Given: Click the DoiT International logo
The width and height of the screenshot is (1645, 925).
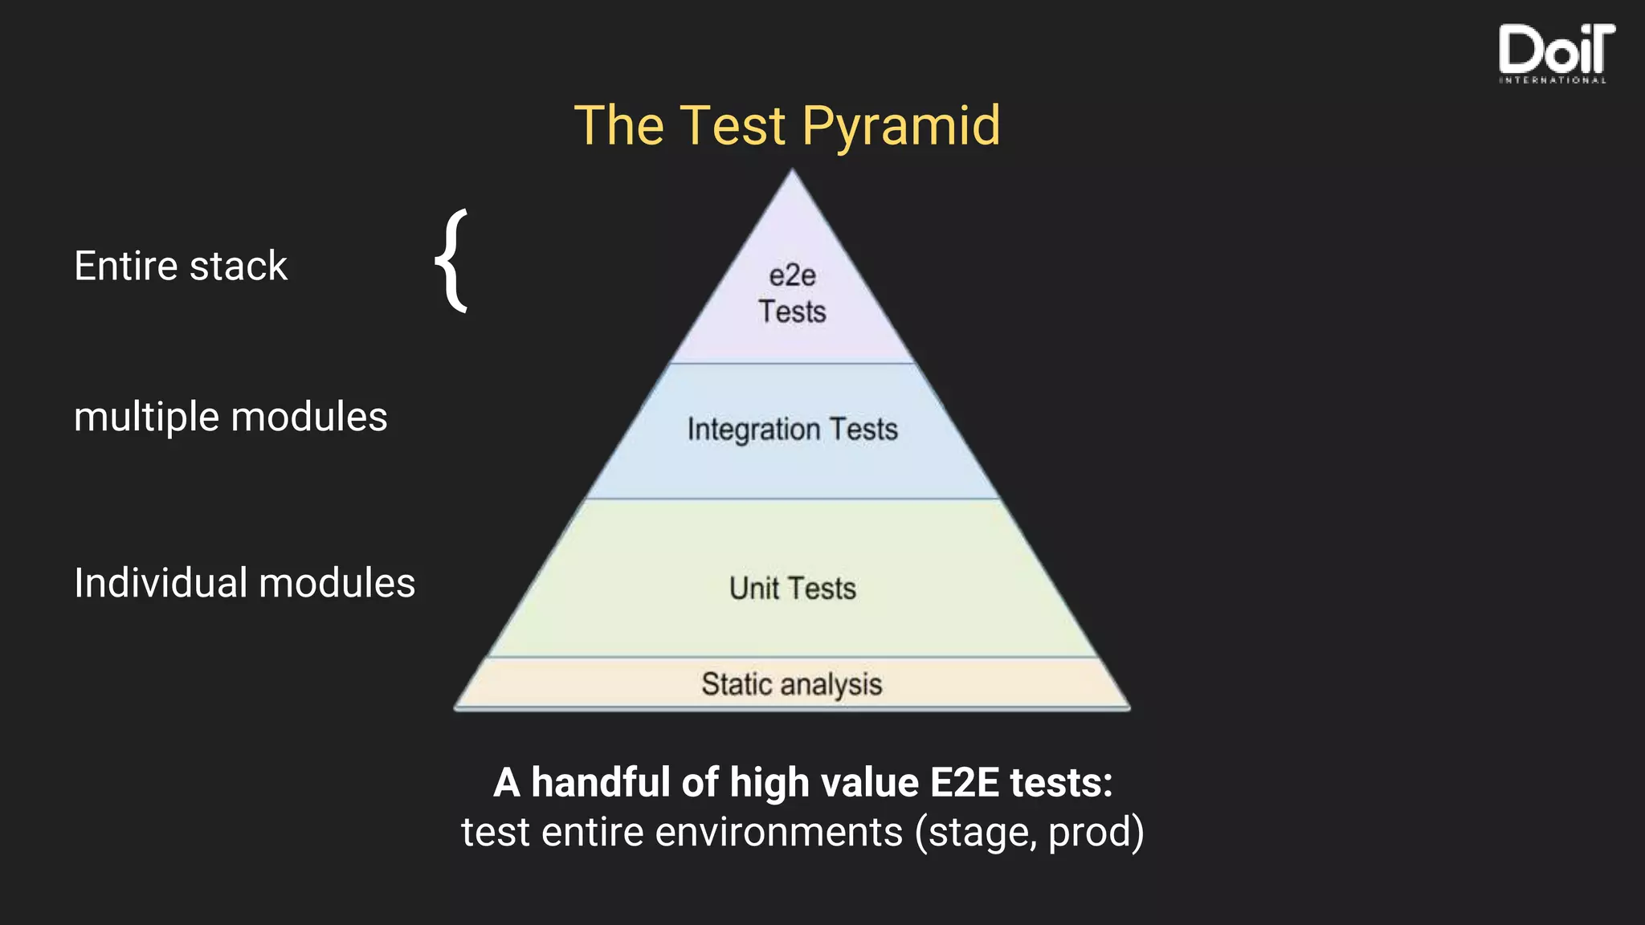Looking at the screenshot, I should coord(1555,53).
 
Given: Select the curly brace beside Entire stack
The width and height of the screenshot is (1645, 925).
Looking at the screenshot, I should coord(453,260).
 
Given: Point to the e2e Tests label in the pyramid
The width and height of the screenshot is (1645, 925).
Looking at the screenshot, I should coord(792,294).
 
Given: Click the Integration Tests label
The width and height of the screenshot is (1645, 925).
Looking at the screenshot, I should coord(792,430).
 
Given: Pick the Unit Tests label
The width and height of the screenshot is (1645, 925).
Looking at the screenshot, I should coord(792,589).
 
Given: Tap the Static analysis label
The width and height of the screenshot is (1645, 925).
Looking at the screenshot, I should coord(792,684).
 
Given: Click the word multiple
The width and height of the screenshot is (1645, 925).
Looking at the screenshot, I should coord(146,418).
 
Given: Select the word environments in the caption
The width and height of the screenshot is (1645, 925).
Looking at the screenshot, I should coord(778,832).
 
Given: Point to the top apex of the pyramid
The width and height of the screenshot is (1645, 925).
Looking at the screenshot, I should coord(792,171).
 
